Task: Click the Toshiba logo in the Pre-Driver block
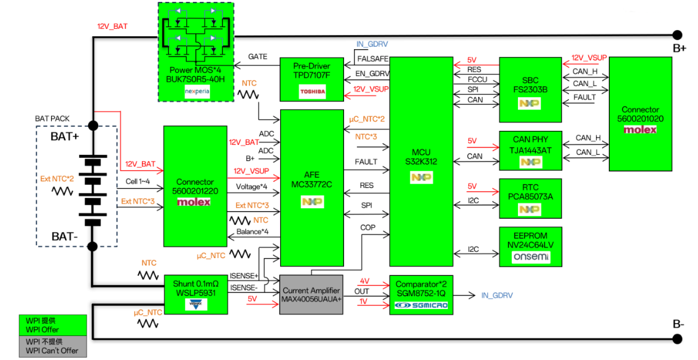(312, 92)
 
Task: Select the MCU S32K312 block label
(421, 157)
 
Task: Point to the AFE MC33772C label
(312, 179)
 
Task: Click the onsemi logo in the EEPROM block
(531, 257)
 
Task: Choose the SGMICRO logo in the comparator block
(422, 305)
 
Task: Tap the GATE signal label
(257, 56)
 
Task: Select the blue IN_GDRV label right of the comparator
(496, 295)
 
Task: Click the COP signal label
(368, 228)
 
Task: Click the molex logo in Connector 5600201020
(640, 130)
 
